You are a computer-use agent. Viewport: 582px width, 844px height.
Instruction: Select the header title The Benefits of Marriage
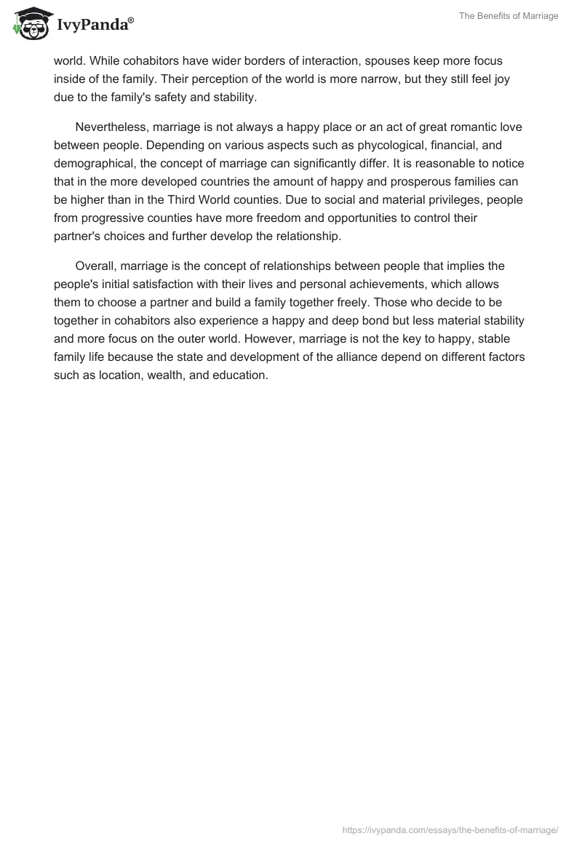(x=509, y=16)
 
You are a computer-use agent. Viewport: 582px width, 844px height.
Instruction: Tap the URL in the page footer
(x=450, y=829)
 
